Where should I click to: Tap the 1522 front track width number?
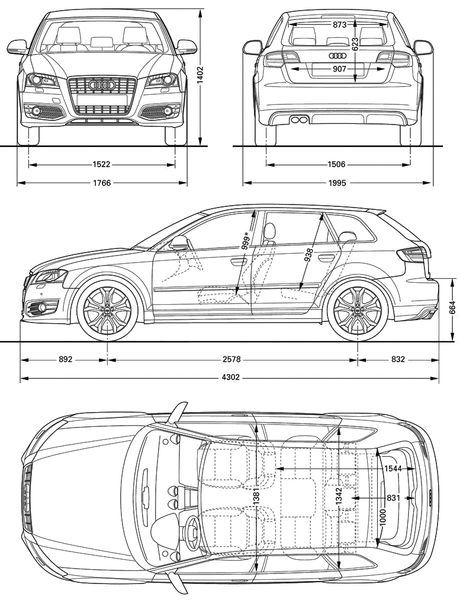coord(101,165)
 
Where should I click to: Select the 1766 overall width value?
coord(101,183)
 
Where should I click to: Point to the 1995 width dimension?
coord(336,183)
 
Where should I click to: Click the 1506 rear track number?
coord(336,165)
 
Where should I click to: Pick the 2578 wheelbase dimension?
coord(231,359)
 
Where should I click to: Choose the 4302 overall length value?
coord(230,378)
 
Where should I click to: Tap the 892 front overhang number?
coord(65,359)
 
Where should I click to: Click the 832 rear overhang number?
coord(398,359)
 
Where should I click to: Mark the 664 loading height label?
coord(452,308)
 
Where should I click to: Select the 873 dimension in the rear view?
coord(339,25)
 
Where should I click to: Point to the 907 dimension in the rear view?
coord(339,69)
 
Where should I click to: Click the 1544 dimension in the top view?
coord(393,468)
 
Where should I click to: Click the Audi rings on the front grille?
coord(102,85)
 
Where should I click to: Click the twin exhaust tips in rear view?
coord(300,120)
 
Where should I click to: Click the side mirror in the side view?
coord(179,243)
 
